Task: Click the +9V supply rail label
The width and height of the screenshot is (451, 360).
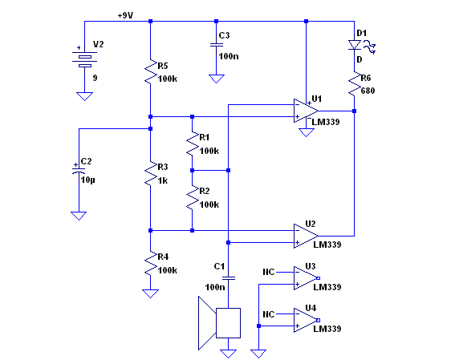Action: (x=125, y=15)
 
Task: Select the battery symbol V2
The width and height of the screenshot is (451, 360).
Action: (x=84, y=59)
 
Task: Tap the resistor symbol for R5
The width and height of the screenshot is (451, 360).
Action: (x=151, y=72)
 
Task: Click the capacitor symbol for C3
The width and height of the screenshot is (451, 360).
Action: (x=217, y=45)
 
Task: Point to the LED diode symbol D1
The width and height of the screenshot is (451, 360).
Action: (x=355, y=45)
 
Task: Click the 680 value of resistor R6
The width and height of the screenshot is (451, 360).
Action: (x=368, y=91)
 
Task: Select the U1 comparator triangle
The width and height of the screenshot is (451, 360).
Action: (x=306, y=111)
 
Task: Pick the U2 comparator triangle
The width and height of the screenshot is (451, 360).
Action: (x=306, y=237)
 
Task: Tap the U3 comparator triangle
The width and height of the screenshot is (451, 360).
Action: (x=307, y=278)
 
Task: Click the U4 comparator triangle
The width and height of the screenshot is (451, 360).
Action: (x=307, y=320)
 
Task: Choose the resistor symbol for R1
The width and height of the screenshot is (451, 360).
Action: (x=193, y=144)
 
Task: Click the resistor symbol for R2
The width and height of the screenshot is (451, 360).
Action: (x=193, y=198)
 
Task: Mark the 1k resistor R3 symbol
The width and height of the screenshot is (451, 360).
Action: (x=151, y=174)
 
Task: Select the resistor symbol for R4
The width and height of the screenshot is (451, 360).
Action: (x=151, y=264)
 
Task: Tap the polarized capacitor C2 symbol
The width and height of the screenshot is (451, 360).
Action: (x=79, y=171)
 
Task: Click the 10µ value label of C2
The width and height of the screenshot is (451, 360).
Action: (x=87, y=180)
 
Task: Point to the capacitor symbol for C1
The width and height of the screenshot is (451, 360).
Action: (x=229, y=278)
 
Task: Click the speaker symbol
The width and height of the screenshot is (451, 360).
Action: (x=219, y=323)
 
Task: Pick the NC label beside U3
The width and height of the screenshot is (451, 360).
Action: (x=269, y=272)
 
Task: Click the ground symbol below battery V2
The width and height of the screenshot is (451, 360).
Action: (x=84, y=96)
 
